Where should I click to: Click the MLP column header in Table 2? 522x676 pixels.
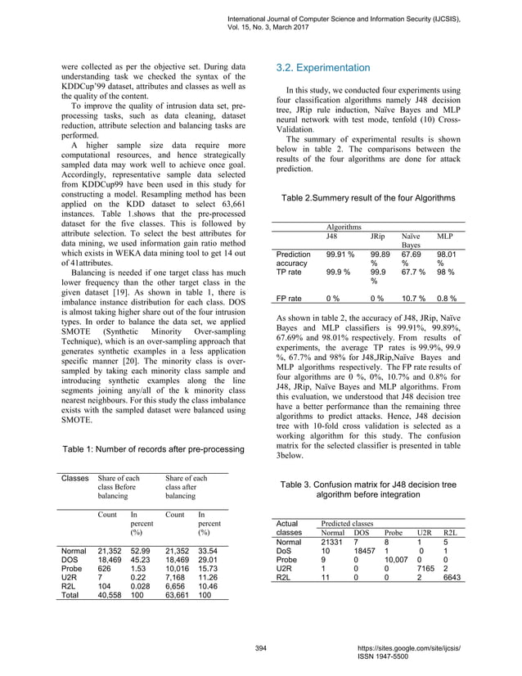point(445,236)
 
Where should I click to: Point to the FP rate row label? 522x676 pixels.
point(292,300)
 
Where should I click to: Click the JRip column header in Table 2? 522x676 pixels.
point(378,236)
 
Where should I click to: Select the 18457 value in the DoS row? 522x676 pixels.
point(367,551)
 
